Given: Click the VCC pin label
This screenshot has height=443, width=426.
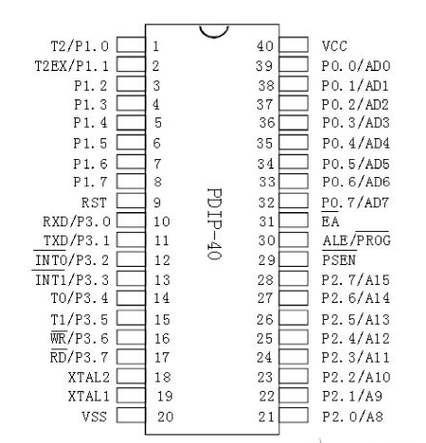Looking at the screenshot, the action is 334,46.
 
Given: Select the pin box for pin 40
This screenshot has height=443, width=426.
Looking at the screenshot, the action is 293,44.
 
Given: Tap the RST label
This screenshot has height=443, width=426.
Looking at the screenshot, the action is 94,203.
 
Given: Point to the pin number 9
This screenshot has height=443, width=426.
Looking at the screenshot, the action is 157,203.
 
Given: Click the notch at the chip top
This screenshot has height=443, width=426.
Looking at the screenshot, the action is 214,35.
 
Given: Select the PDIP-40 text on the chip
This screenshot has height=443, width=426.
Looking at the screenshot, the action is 214,223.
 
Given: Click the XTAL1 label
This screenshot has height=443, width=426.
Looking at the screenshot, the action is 89,397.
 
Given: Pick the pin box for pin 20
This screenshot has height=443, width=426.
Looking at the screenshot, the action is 131,415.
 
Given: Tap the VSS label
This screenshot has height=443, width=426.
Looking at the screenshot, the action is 95,416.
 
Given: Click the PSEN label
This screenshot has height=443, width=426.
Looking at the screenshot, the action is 339,260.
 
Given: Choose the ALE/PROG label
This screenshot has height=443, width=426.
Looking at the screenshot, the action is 356,240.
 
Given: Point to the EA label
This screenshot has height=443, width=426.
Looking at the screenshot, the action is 330,221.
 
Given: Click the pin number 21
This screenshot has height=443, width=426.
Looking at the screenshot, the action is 266,416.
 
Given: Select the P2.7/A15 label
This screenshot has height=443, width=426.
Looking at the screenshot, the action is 356,280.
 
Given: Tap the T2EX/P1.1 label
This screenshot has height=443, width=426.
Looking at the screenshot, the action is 72,66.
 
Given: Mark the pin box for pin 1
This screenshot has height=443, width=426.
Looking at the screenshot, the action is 131,44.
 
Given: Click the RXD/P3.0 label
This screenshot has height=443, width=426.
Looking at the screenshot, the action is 77,221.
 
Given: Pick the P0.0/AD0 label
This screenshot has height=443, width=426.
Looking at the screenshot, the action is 356,66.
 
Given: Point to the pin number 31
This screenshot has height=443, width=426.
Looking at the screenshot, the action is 266,221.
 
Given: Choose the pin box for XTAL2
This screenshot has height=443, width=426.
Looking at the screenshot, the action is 131,376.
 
